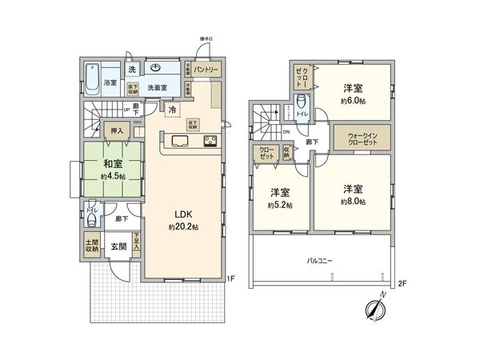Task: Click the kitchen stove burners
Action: click(210, 142)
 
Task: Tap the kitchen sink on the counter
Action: click(178, 142)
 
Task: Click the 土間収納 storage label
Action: click(92, 245)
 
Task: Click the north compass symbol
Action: click(377, 308)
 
